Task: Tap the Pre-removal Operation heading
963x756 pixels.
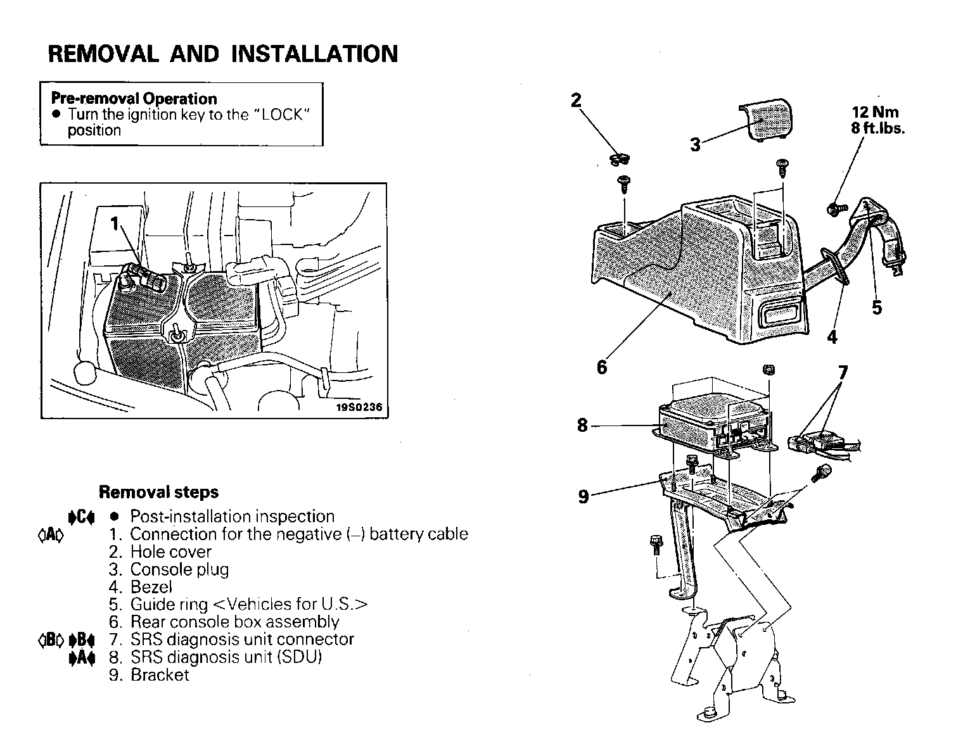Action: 134,99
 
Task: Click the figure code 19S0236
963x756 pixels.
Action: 359,407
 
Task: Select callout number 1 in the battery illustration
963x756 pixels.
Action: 115,224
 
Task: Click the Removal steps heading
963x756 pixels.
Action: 158,492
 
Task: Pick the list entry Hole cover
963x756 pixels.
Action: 170,552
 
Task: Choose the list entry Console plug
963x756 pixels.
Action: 179,570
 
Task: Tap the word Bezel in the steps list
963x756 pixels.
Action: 151,587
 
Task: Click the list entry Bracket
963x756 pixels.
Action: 160,675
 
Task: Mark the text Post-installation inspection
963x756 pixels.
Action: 232,517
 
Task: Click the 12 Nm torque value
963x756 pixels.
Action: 875,112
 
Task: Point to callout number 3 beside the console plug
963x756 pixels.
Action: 696,145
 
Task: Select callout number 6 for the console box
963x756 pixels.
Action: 602,367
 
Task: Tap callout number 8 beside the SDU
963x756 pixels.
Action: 583,425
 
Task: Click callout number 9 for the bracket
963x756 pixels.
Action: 584,496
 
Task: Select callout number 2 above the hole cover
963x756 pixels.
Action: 576,101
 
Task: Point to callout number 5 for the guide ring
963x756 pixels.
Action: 877,308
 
